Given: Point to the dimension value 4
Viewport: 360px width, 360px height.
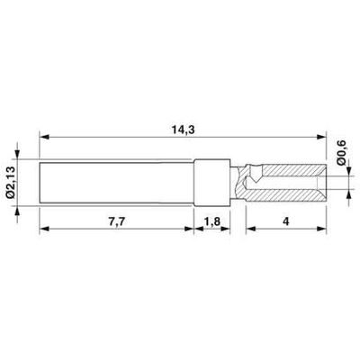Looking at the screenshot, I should point(283,220).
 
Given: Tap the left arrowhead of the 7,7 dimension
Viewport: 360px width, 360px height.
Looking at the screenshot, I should point(43,229).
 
